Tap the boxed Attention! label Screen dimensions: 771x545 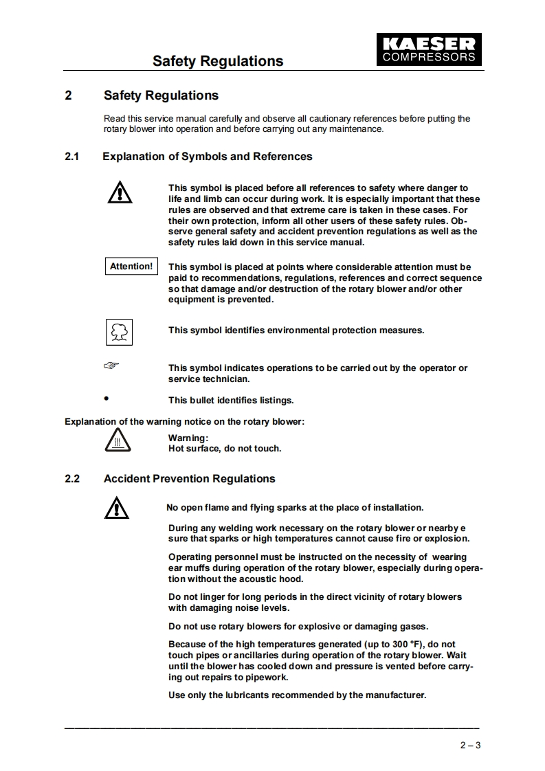point(131,267)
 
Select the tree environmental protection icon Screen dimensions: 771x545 point(118,332)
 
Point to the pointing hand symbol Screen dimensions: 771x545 point(111,366)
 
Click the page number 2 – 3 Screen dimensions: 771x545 point(470,745)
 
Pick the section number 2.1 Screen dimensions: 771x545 point(72,157)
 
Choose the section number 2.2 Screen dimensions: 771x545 point(72,479)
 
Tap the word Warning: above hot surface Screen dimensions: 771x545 point(188,438)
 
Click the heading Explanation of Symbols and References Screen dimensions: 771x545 point(208,157)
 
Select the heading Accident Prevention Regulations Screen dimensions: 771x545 point(189,479)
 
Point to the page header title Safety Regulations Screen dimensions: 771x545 point(217,61)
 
